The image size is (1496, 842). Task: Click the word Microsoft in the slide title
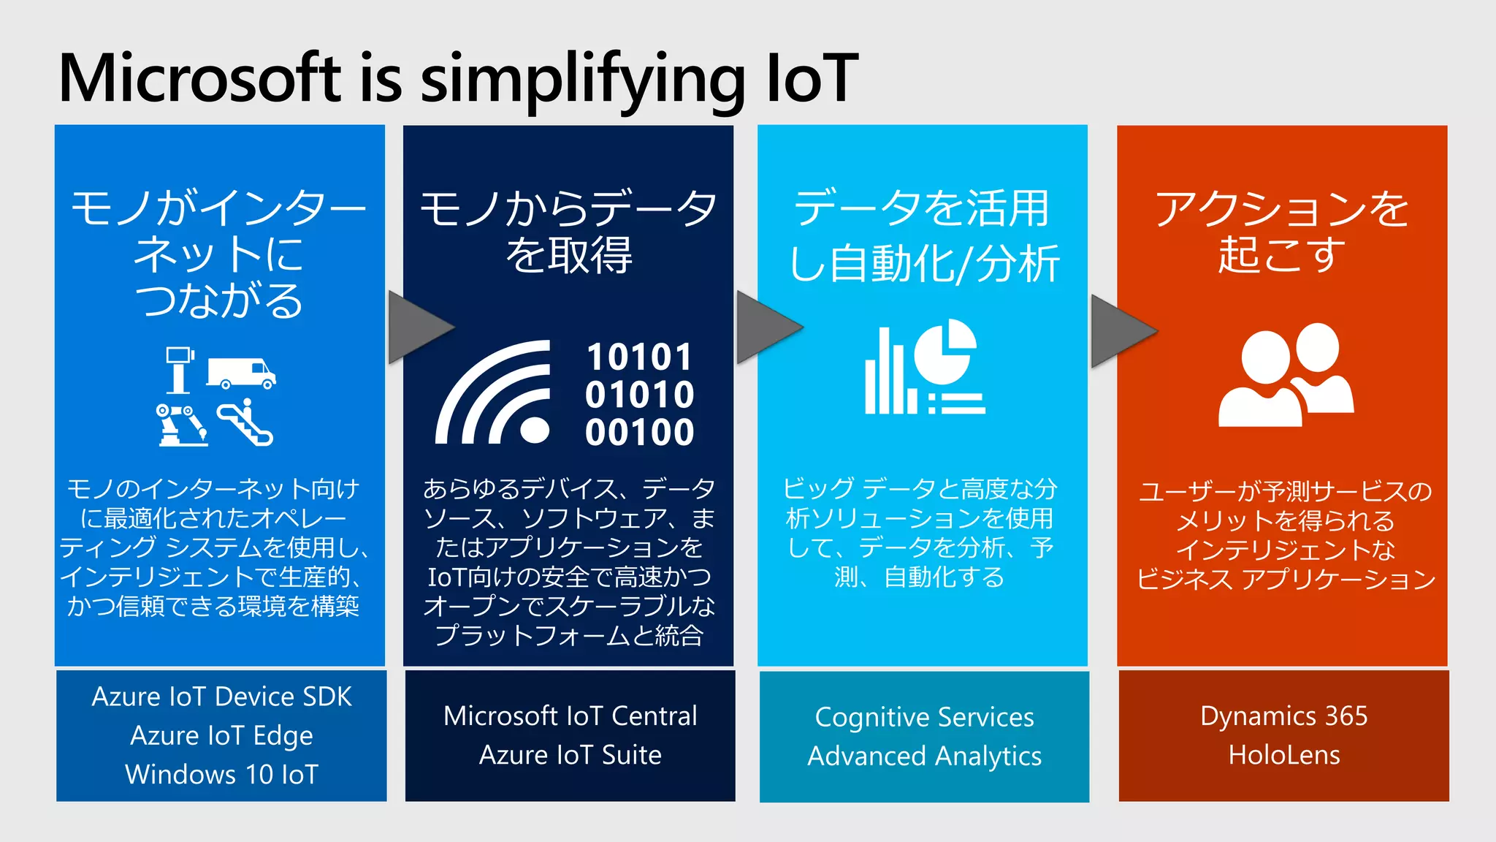199,78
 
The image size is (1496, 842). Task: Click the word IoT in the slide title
812,78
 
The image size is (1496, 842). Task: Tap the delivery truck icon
241,373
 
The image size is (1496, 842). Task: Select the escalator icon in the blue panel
246,423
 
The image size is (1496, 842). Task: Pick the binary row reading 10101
639,357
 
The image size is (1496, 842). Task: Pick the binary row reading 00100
639,432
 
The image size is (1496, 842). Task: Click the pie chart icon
945,351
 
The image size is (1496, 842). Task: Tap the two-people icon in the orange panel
1286,375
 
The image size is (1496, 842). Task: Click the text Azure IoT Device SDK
221,697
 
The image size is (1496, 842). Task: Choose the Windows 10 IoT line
221,774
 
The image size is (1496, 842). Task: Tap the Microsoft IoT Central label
570,716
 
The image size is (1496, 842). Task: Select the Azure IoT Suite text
570,754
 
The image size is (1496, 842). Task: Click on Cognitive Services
924,717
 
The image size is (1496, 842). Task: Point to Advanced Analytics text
924,756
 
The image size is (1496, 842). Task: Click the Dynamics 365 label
1283,716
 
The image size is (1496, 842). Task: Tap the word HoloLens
1283,754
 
